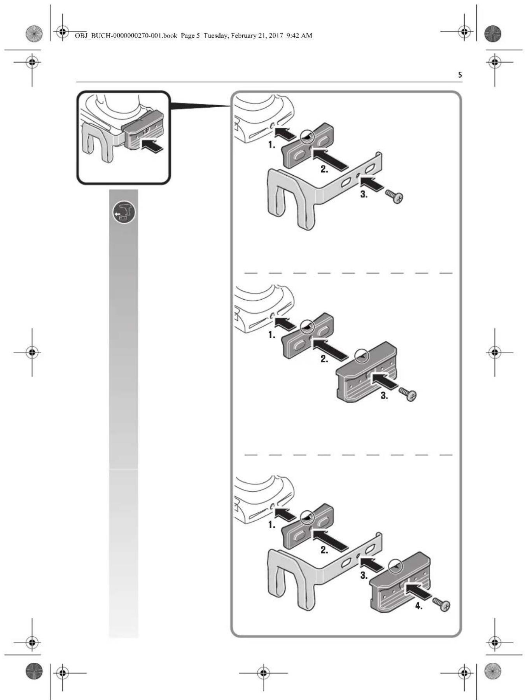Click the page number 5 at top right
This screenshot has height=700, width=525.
coord(460,75)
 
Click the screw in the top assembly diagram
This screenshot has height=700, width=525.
coord(394,197)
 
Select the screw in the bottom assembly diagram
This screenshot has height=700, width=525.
coord(441,604)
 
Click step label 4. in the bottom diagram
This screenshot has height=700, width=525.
coord(418,606)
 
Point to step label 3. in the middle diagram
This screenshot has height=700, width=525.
coord(384,396)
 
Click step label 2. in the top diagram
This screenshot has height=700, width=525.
coord(324,169)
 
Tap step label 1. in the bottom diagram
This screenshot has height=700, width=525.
coord(271,525)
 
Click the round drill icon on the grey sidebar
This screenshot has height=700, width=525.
coord(124,213)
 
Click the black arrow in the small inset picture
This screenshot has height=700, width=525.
coord(152,147)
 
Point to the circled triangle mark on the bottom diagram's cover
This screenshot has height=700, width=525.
coord(395,566)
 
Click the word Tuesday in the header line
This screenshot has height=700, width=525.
coord(216,36)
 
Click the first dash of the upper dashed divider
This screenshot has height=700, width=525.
coord(251,273)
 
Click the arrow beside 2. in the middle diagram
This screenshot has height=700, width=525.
coord(330,347)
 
